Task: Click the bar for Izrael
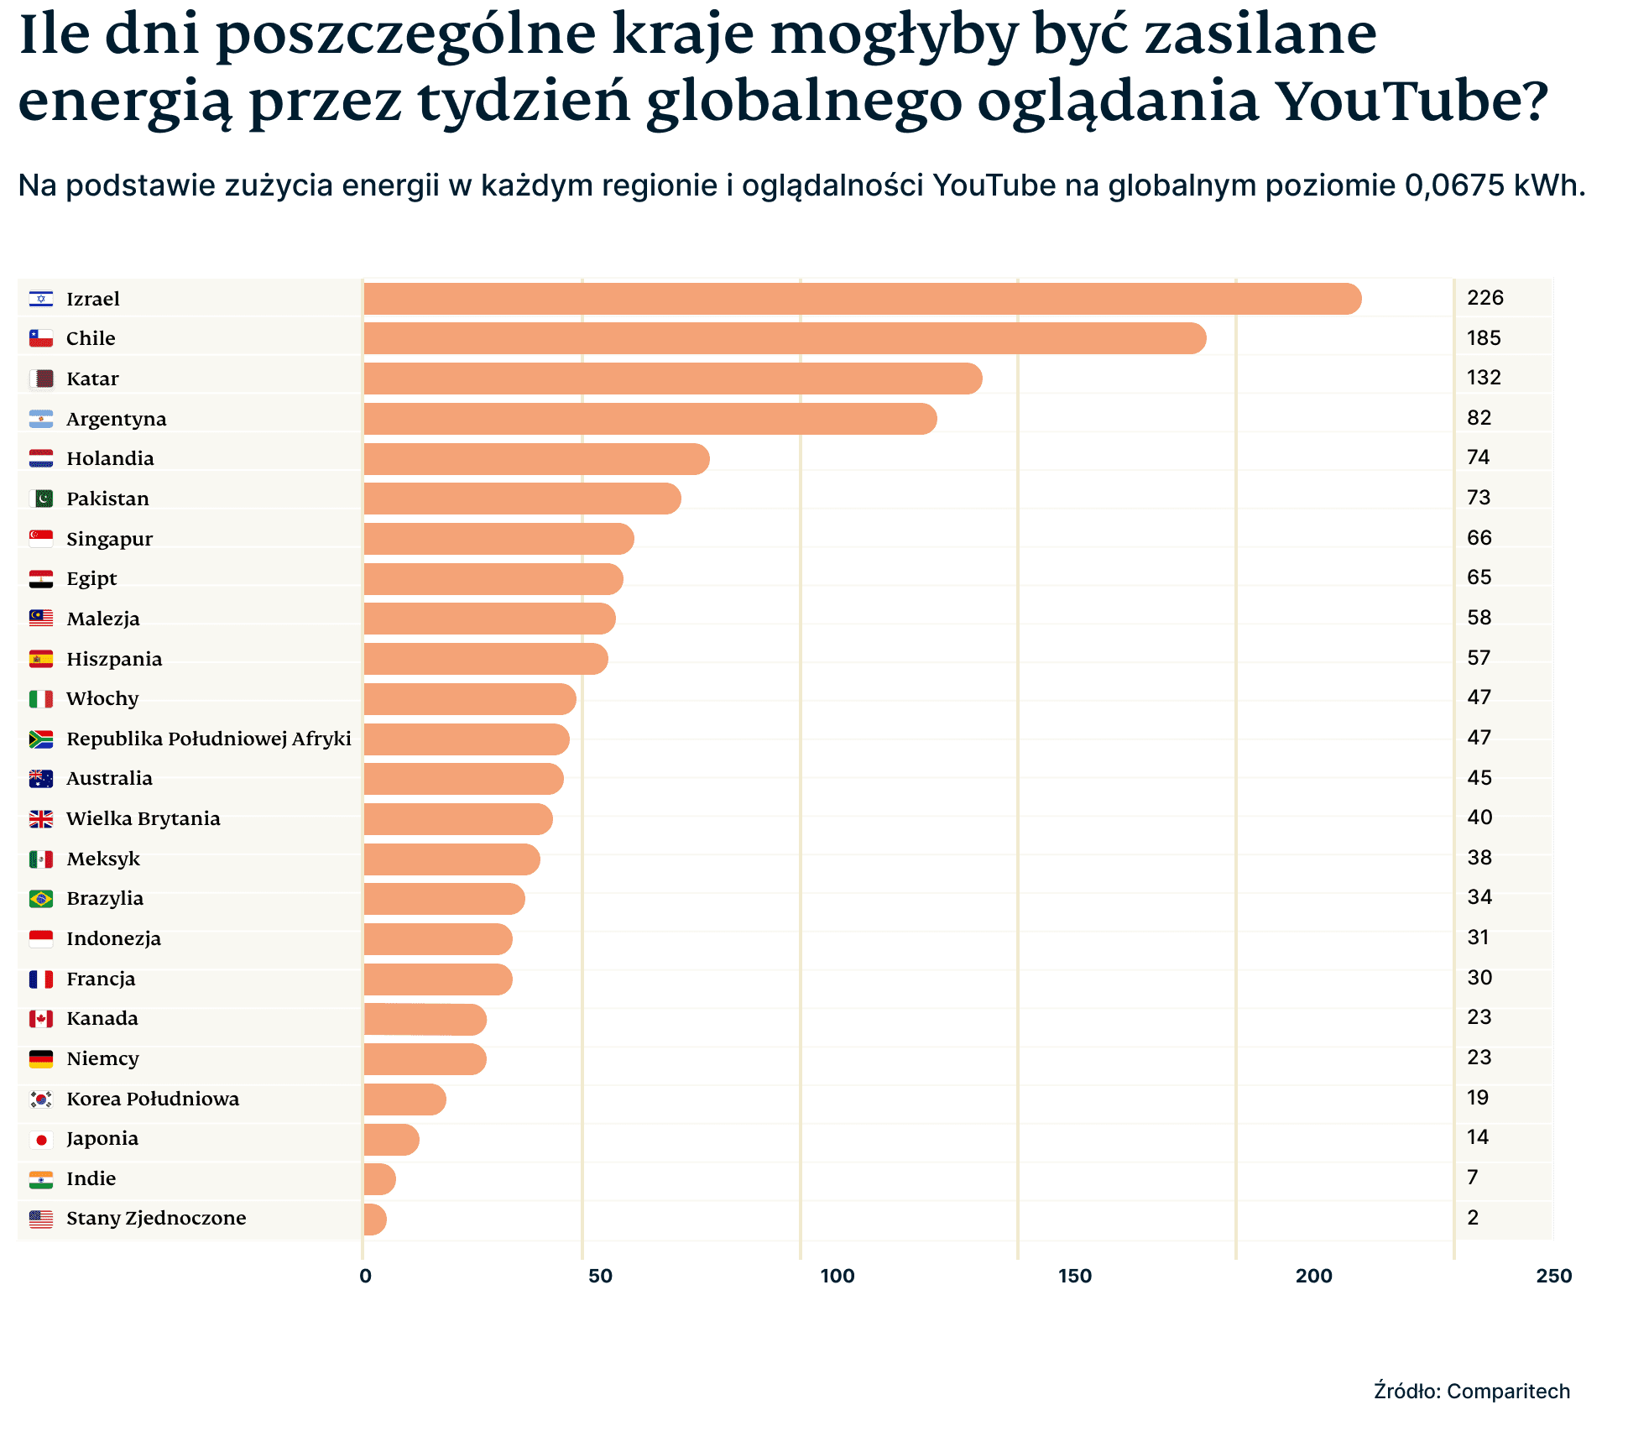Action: point(862,299)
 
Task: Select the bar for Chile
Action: point(785,338)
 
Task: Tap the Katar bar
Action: point(672,379)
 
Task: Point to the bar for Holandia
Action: point(536,459)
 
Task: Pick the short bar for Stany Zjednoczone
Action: point(375,1219)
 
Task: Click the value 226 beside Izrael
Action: point(1485,298)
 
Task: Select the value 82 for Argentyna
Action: point(1479,418)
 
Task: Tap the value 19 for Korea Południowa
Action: point(1477,1098)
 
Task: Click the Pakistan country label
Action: point(107,499)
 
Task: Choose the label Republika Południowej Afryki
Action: point(208,739)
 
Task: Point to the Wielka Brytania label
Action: point(143,818)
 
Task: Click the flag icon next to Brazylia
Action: point(41,899)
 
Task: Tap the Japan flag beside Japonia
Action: point(41,1139)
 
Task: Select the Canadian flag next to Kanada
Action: point(41,1019)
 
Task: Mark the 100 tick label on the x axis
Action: point(837,1277)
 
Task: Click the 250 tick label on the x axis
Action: point(1553,1277)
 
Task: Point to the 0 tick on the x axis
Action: point(365,1277)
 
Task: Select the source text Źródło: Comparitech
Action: point(1471,1391)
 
